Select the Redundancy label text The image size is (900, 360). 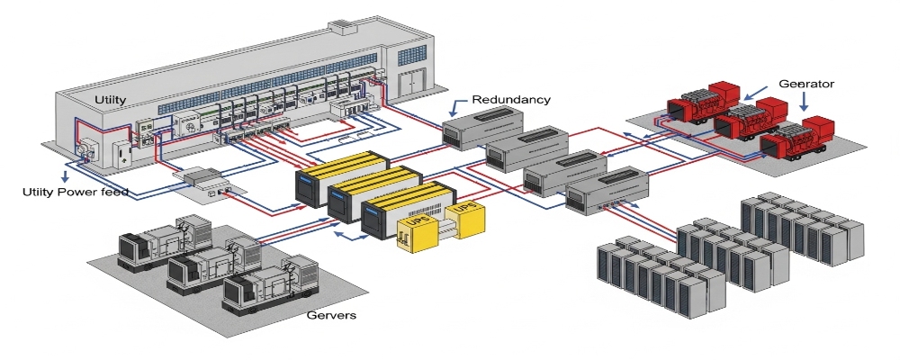coord(511,99)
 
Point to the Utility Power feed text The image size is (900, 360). coord(76,192)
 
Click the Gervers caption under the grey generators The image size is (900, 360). coord(332,315)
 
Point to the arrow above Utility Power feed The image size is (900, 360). coord(64,171)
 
